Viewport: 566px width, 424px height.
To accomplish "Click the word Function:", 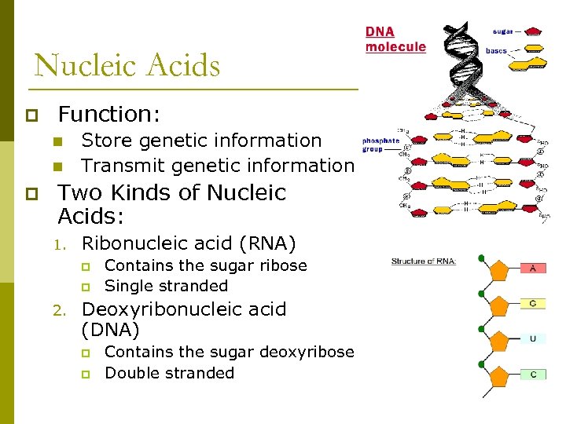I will click(109, 115).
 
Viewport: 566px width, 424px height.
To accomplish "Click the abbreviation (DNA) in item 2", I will click(110, 330).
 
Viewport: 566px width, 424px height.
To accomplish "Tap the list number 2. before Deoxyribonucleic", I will click(60, 310).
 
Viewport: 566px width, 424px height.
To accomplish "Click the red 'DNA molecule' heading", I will click(395, 40).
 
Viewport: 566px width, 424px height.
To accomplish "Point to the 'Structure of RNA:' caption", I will click(424, 261).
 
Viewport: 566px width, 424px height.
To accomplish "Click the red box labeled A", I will click(533, 268).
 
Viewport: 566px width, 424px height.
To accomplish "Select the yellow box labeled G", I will click(533, 303).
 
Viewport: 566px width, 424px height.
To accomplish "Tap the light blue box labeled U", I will click(533, 338).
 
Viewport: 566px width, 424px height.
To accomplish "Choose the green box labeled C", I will click(533, 375).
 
